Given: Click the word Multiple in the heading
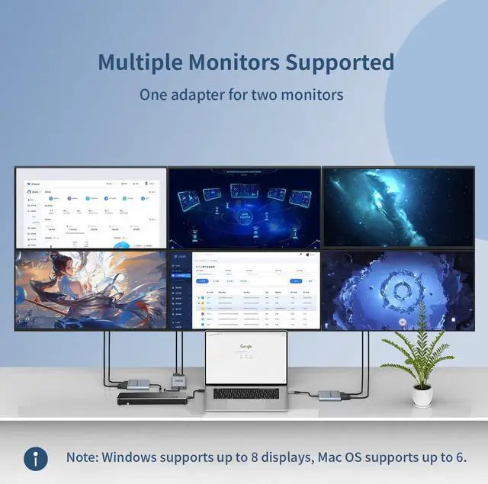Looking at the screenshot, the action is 142,62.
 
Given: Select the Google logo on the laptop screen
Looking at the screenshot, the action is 246,346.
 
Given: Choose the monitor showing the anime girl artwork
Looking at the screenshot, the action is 91,290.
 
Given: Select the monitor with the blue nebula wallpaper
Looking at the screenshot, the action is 398,207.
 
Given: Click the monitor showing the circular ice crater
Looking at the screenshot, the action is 398,290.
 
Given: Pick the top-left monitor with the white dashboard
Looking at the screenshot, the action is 91,207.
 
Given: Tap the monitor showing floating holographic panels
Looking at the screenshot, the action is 244,207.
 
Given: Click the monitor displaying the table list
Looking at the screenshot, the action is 244,290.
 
